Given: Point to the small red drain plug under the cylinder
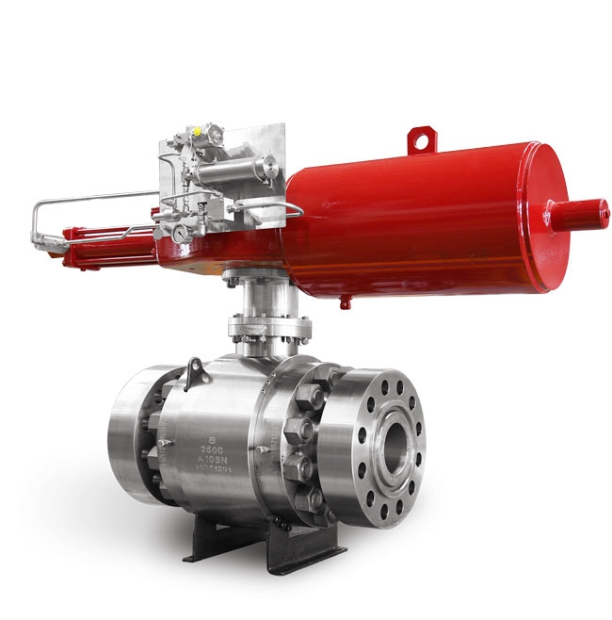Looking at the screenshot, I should [x=346, y=302].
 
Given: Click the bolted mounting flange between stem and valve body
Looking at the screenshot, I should [x=269, y=331].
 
